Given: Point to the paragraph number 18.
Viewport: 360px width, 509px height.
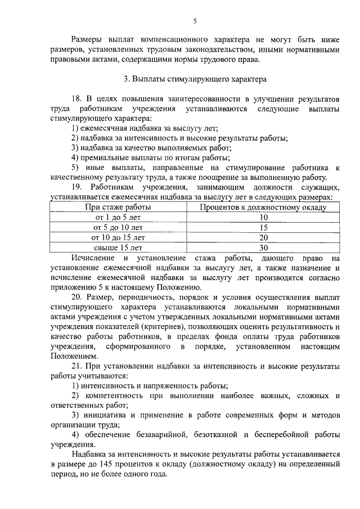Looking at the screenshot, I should pos(76,99).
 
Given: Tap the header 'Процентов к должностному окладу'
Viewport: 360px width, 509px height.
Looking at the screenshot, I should pos(263,207).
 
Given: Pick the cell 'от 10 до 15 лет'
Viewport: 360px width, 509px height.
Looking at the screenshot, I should pos(118,237).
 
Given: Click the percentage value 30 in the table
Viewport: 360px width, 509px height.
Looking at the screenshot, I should pos(263,247).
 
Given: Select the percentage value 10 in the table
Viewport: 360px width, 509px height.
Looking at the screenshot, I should pos(263,217).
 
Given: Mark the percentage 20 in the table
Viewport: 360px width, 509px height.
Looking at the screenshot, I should pos(263,237).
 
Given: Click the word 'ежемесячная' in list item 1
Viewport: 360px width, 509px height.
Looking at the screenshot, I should pos(105,128).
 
